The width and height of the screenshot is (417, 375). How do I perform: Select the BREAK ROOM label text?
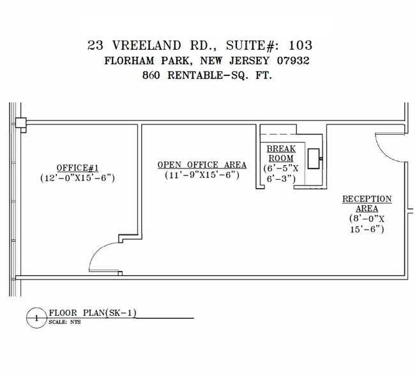(280, 154)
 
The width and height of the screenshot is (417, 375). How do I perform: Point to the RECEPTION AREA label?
(367, 203)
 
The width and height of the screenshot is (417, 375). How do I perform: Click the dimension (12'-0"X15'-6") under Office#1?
(77, 178)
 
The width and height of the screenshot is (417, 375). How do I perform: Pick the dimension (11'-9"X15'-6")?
(201, 175)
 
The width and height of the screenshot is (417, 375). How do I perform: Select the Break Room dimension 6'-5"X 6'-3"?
(280, 173)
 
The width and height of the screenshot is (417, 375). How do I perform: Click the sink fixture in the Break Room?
(314, 158)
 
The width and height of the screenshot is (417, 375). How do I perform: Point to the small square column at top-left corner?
(20, 122)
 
